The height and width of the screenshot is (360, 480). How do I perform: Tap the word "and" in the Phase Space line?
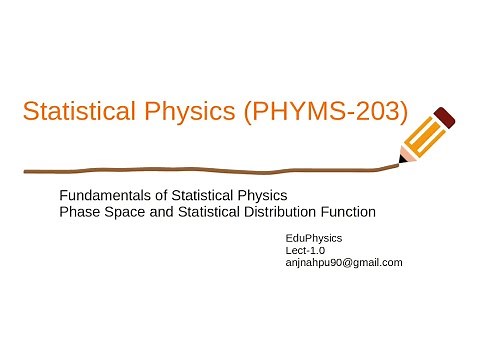(153, 211)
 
